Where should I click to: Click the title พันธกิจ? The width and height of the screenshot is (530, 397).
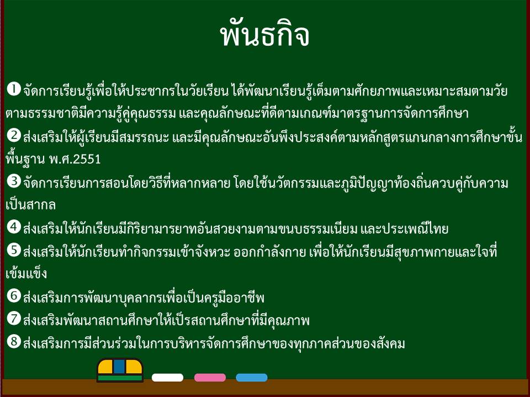[264, 34]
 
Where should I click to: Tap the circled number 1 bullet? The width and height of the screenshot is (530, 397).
[14, 89]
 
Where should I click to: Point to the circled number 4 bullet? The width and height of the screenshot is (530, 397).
[14, 227]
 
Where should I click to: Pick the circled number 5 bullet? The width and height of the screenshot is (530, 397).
[14, 250]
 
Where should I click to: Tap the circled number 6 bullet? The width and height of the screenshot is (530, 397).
[14, 296]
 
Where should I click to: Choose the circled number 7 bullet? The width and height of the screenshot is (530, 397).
[14, 318]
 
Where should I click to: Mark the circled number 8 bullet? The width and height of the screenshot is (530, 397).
[14, 341]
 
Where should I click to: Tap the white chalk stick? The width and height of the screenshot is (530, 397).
[167, 377]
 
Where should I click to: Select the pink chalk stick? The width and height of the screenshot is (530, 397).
[210, 377]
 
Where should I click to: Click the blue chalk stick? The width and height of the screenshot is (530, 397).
[252, 377]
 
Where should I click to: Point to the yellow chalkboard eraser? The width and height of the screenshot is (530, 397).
[120, 370]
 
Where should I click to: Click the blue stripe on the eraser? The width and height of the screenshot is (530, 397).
[119, 367]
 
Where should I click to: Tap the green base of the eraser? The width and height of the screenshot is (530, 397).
[120, 378]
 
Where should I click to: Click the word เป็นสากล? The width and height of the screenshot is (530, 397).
[31, 205]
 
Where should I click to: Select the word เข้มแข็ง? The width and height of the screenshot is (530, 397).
[26, 273]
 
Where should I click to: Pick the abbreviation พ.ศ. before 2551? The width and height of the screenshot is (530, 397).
[61, 159]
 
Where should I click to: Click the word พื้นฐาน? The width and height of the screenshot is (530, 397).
[25, 159]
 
